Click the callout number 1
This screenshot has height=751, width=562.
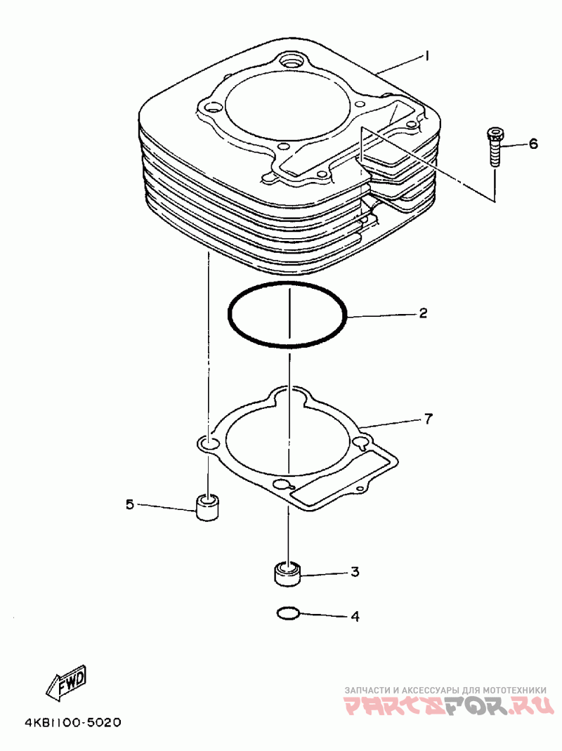pos(426,55)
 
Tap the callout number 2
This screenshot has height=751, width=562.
pos(422,313)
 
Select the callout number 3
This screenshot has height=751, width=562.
pos(355,573)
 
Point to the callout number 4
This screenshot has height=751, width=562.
pos(355,617)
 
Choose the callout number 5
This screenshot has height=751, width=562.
pos(130,504)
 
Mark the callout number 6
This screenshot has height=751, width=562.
pos(533,144)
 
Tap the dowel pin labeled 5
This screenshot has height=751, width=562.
pos(206,507)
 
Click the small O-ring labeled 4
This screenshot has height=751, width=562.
pos(288,613)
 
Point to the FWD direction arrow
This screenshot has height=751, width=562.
pos(67,681)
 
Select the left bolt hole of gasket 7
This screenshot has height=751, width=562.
pos(209,444)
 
